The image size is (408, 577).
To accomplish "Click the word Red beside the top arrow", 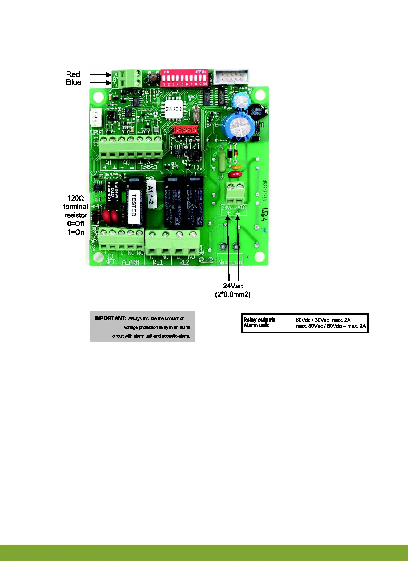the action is (73, 74).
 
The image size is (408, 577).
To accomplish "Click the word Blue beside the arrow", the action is (74, 82).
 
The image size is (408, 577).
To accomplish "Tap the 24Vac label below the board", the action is (233, 286).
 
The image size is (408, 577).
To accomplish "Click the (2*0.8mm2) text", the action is (233, 294).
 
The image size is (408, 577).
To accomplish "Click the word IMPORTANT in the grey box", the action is (110, 318).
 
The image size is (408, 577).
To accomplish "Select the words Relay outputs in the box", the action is (259, 320).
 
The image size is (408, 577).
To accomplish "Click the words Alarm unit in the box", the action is (256, 326).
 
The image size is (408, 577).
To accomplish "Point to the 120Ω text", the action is (75, 198).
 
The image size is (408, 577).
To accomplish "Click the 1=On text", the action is (76, 232).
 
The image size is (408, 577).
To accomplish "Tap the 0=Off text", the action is (76, 224).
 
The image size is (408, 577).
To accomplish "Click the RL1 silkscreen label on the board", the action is (158, 262).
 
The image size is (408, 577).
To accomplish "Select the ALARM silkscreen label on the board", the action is (131, 262).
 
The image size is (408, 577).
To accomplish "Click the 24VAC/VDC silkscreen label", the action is (234, 208).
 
